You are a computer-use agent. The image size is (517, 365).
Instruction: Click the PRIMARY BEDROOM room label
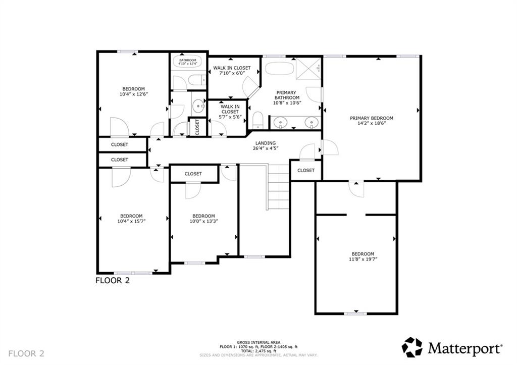tap(371, 118)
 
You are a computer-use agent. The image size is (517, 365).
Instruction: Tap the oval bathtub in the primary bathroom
tap(278, 68)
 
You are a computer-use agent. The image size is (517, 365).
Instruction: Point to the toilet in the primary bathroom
tap(257, 119)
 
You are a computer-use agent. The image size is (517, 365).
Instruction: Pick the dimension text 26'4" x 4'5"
tap(266, 148)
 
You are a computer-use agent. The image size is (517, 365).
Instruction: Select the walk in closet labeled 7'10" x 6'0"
tap(231, 71)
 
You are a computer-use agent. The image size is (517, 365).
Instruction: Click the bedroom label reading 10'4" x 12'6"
tap(133, 91)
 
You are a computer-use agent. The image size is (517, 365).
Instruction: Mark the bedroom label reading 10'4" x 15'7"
tap(130, 218)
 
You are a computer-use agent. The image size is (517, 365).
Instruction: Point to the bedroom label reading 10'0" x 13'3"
tap(203, 219)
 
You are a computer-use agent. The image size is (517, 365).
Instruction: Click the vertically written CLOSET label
tap(197, 127)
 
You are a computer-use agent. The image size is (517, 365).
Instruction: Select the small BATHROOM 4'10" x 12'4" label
tap(187, 62)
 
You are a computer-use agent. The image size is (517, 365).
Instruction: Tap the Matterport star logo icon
tap(411, 347)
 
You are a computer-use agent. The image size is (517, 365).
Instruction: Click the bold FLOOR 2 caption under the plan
tap(113, 281)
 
